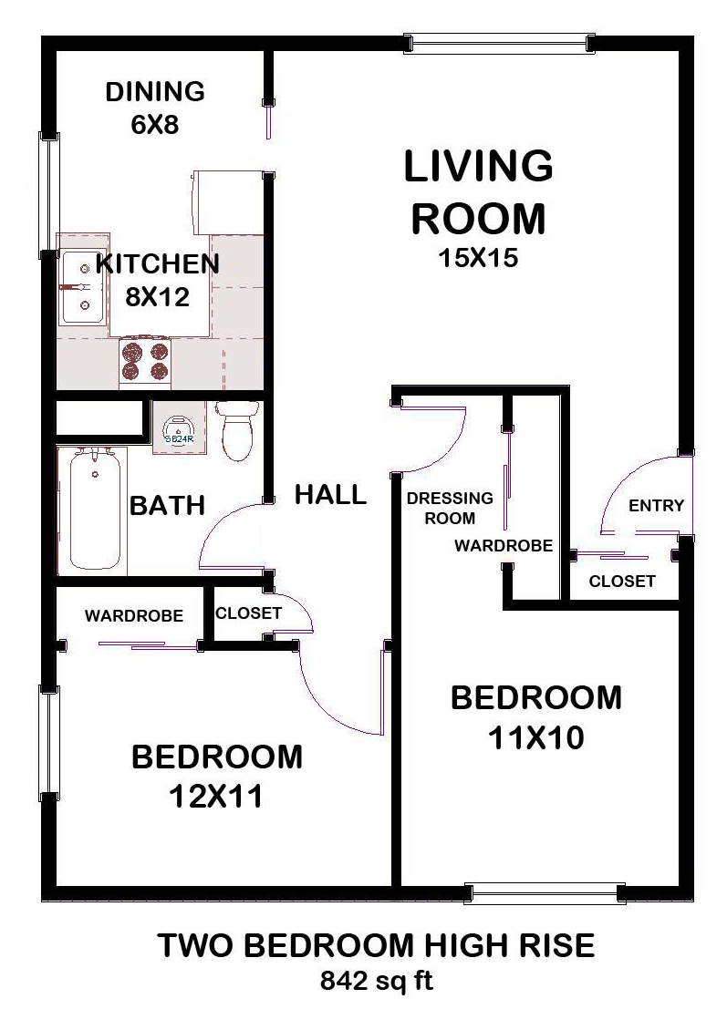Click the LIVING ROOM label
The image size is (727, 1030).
[478, 192]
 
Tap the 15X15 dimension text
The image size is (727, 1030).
[478, 259]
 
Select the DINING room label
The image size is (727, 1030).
[155, 92]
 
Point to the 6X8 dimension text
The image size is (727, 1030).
[155, 125]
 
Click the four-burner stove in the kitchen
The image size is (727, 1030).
[146, 361]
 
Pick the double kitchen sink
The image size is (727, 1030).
[82, 287]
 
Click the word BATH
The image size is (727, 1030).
[166, 505]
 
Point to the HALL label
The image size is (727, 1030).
[330, 495]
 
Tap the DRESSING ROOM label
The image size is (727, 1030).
[450, 509]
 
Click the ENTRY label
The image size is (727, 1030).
[656, 506]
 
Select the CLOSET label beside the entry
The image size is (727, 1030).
[621, 581]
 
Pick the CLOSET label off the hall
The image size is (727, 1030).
[248, 613]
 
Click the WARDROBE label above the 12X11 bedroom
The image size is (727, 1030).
[133, 616]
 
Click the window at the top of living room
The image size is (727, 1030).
[498, 43]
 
